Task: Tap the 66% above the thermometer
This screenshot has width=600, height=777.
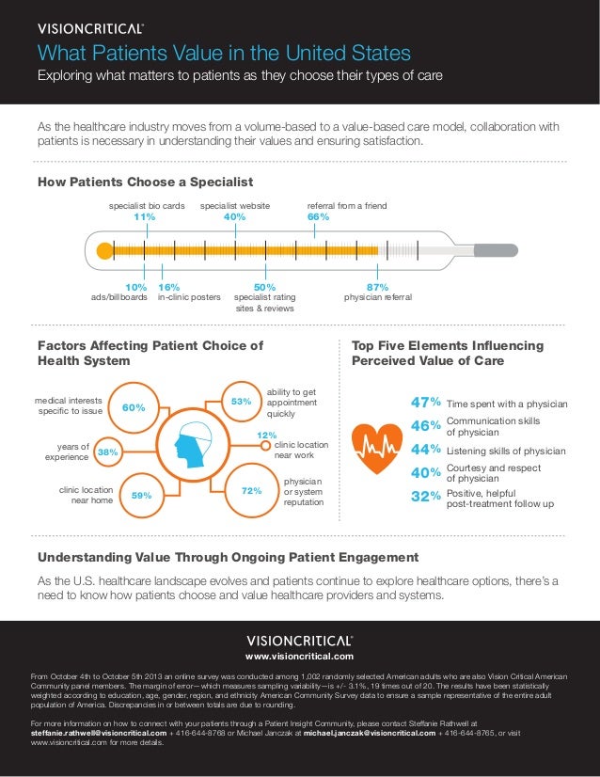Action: click(319, 217)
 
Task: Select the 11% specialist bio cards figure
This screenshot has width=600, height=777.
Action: click(144, 217)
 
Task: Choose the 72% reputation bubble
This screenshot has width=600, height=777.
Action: click(250, 490)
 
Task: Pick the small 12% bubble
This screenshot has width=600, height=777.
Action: click(266, 436)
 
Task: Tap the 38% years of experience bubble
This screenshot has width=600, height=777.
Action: click(108, 452)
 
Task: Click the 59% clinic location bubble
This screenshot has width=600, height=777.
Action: click(142, 494)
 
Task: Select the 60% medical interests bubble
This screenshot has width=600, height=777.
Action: click(134, 407)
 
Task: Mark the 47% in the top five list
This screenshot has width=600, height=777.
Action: click(425, 404)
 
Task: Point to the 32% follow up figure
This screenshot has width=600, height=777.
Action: click(425, 498)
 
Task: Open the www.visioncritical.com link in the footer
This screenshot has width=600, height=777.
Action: click(299, 656)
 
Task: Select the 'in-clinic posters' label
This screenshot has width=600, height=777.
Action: click(189, 297)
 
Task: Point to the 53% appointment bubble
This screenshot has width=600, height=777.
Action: click(242, 402)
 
